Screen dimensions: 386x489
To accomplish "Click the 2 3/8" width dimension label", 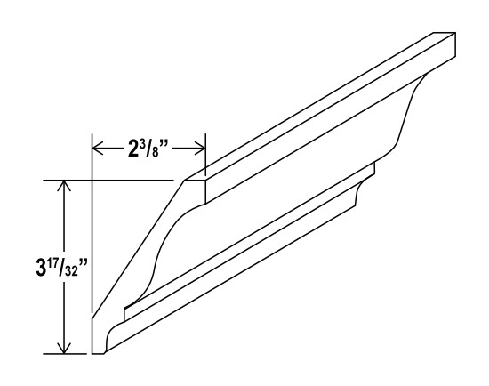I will [150, 147].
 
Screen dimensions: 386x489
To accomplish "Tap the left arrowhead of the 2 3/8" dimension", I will [99, 147].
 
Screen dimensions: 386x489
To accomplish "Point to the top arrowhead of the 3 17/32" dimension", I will [63, 186].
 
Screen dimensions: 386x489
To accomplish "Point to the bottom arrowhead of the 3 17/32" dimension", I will [63, 346].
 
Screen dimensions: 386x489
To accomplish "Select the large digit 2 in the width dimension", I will [132, 148].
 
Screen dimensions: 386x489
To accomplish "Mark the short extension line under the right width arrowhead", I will [206, 165].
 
